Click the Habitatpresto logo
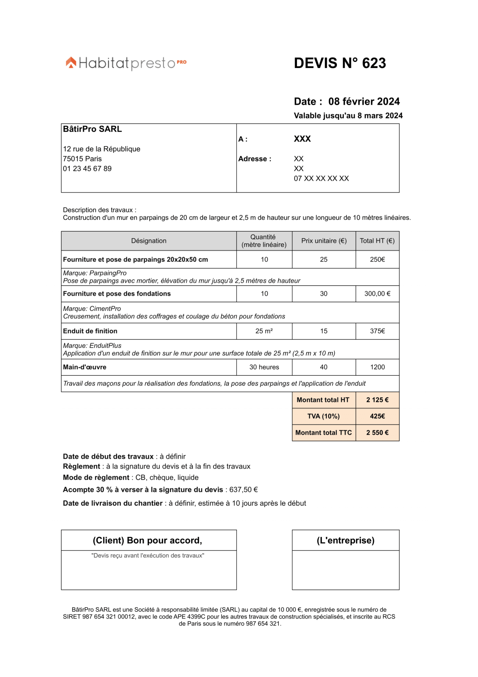pos(126,63)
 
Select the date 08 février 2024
pos(364,102)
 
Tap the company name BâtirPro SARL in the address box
pos(92,129)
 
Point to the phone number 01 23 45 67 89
pos(87,169)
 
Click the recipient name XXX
pos(302,139)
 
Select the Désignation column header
pos(149,241)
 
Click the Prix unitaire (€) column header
pos(324,241)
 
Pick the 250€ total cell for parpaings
pos(377,259)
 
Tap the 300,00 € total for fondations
pos(377,293)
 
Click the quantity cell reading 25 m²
pos(264,331)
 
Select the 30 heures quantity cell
pos(264,367)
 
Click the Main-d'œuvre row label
pos(85,367)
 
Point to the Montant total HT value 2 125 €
pos(377,400)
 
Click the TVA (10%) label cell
pos(323,416)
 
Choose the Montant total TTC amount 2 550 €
pos(377,433)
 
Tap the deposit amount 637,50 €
pos(244,489)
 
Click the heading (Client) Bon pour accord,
pos(147,540)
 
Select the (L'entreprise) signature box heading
pos(345,540)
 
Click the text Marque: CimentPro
pos(92,308)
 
